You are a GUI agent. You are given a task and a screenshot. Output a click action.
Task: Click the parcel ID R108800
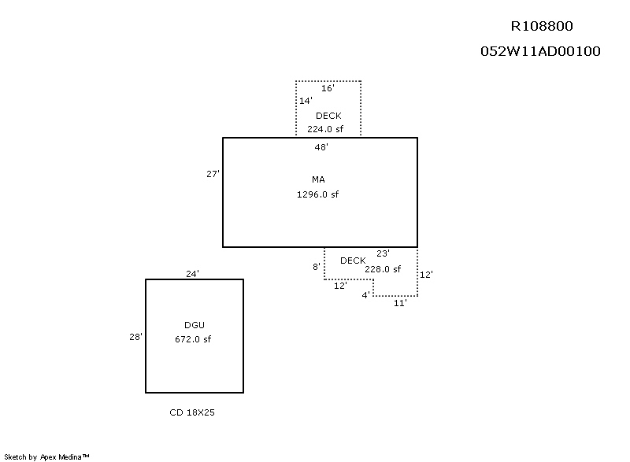click(x=543, y=25)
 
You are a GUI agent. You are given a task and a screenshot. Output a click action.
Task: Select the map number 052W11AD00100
click(x=540, y=52)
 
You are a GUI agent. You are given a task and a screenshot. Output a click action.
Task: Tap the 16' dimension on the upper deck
click(x=328, y=88)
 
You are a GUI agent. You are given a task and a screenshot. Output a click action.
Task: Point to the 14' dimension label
click(x=306, y=101)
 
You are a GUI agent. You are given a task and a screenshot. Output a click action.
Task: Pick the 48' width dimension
click(x=321, y=146)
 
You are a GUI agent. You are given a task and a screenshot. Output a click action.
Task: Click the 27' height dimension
click(x=213, y=174)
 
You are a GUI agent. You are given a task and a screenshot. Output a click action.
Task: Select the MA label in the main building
click(x=318, y=180)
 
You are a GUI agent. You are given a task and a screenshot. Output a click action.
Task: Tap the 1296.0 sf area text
click(x=317, y=194)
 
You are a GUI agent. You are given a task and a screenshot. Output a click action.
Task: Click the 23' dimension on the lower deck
click(x=383, y=253)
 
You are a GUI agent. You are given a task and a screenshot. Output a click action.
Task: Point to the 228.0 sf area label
click(x=383, y=268)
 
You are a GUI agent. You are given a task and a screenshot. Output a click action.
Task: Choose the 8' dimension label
click(x=317, y=267)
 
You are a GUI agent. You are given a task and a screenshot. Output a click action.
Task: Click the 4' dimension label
click(x=365, y=294)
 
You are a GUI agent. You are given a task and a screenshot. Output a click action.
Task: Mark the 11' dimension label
click(x=400, y=303)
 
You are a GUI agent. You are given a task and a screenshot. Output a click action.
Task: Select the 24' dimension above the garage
click(x=192, y=274)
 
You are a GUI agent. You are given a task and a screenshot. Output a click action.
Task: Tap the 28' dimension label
click(x=135, y=337)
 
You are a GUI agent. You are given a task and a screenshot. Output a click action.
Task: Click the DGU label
click(x=194, y=325)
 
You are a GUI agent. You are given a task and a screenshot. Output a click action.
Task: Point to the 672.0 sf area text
click(x=193, y=339)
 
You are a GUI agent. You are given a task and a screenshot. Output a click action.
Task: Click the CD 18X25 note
click(x=192, y=412)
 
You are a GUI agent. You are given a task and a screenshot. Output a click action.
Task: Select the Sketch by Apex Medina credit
click(x=46, y=456)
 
